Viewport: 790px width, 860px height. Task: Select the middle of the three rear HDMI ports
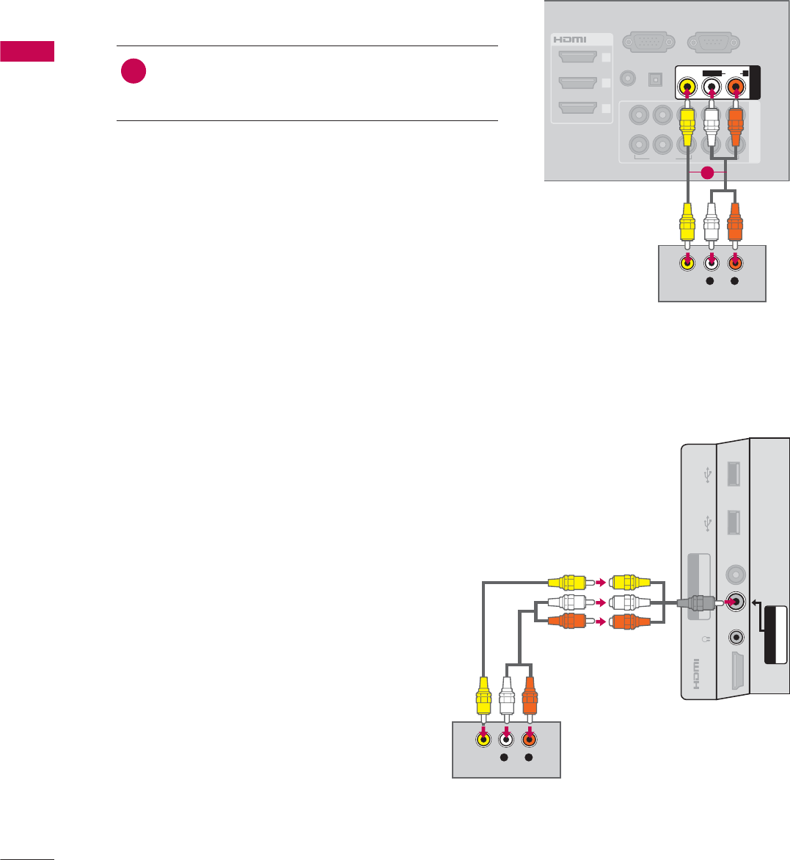coord(577,83)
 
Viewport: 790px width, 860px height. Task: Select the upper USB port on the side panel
coord(731,475)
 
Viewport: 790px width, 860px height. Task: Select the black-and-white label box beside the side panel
coord(775,635)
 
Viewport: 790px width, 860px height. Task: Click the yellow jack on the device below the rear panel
coord(686,263)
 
